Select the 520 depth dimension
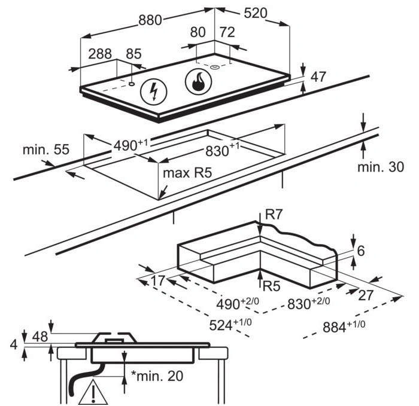[x=255, y=13]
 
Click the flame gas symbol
[x=199, y=82]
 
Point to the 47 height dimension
[x=318, y=77]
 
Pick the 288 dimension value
[x=100, y=54]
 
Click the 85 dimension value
[x=133, y=54]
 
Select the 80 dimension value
[x=198, y=33]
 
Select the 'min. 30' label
[x=381, y=167]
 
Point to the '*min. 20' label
[x=157, y=376]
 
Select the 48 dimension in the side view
[x=40, y=337]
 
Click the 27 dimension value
[x=366, y=294]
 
